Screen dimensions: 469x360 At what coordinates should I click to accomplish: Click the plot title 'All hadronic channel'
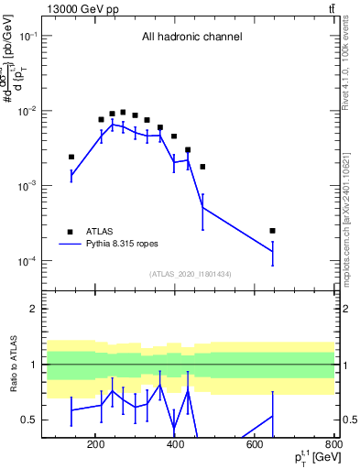click(191, 38)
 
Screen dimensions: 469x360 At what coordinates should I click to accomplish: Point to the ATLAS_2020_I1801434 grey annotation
click(191, 274)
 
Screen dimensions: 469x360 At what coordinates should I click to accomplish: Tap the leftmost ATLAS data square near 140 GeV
click(71, 157)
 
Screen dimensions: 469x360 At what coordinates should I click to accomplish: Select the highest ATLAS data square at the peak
click(123, 112)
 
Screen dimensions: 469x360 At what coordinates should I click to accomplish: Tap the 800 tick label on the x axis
click(333, 445)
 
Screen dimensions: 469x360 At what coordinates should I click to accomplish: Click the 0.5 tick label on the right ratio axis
click(348, 420)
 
